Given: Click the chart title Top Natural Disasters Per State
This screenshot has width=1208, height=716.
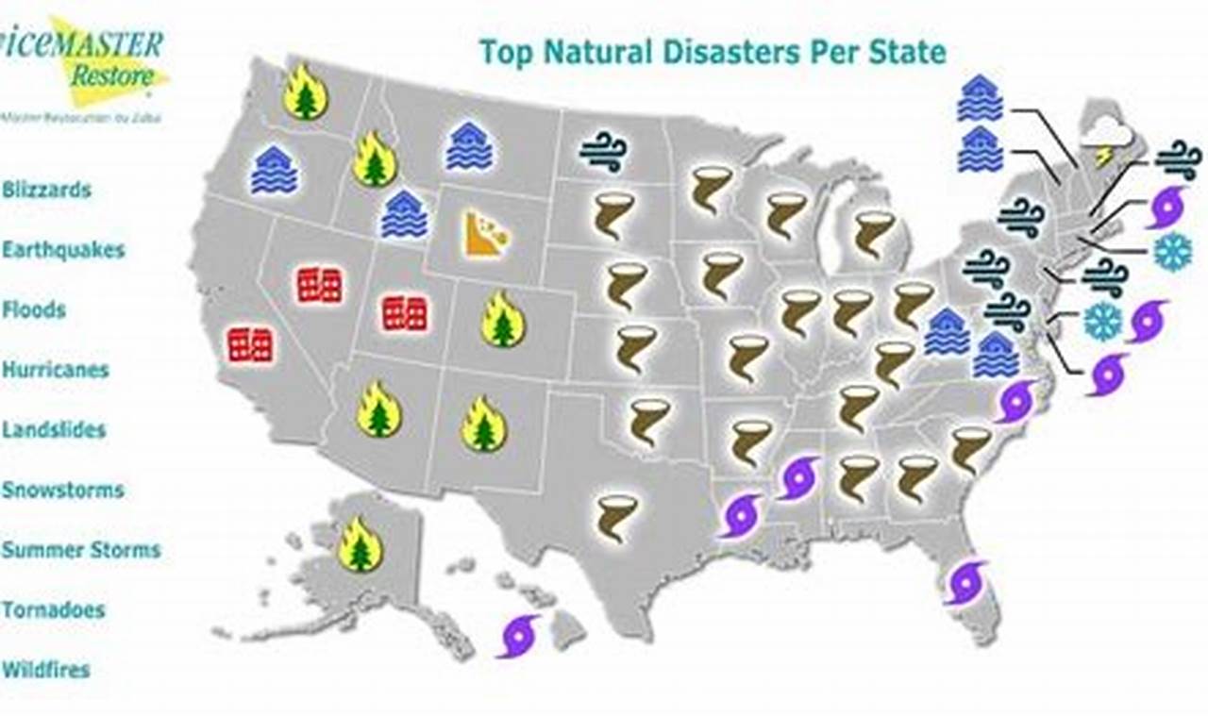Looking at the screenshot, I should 712,51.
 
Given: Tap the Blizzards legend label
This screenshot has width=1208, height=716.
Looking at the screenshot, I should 46,190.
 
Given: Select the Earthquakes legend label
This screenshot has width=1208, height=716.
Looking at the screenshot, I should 62,250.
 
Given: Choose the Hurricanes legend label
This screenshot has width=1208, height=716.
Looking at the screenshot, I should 55,370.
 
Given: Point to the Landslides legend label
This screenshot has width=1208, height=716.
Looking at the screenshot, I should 53,430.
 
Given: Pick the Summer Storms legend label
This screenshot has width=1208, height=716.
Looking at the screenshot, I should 80,550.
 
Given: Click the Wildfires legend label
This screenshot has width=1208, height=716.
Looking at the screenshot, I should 45,671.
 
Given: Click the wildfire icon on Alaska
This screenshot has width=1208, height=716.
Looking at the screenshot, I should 361,544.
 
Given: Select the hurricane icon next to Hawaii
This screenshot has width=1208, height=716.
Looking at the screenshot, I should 519,636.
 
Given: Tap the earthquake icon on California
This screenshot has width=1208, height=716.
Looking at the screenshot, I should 250,345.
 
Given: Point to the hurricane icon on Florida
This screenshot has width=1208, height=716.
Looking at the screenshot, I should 966,582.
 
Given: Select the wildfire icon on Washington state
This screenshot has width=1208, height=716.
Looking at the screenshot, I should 305,92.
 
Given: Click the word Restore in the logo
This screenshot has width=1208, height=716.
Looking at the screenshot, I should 110,76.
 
